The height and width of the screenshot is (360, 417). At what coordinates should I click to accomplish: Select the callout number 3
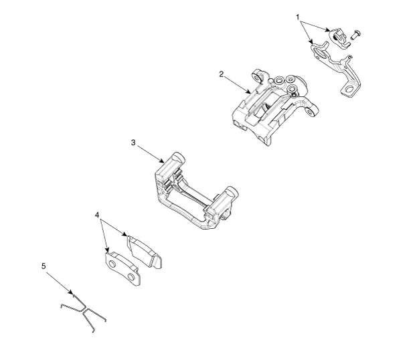point(134,143)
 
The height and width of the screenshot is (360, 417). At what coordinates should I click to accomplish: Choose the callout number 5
point(44,266)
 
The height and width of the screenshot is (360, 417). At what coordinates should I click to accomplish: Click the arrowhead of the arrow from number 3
point(165,162)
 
